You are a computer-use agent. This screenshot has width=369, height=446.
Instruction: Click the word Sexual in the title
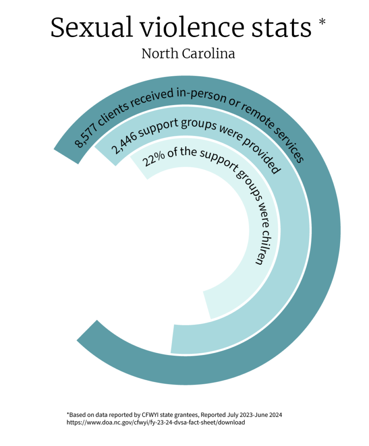point(92,27)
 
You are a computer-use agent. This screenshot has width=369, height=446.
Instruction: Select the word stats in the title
point(281,28)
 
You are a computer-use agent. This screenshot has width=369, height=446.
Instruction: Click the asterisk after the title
point(322,22)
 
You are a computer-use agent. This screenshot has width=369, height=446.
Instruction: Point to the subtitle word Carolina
point(208,54)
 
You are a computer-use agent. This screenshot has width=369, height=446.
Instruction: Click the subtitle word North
point(160,54)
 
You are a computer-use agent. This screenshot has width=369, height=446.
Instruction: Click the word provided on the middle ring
point(262,156)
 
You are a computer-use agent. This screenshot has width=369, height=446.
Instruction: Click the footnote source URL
point(156,422)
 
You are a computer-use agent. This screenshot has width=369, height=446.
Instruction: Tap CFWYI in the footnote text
point(150,415)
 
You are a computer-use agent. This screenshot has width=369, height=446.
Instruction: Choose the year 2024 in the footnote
point(275,415)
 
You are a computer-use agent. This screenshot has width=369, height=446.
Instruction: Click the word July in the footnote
point(233,415)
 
